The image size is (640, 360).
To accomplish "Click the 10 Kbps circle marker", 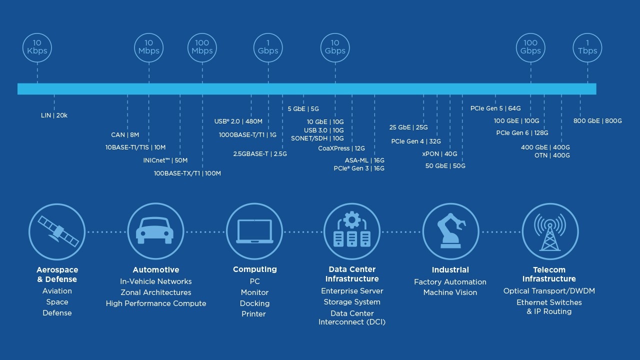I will click(x=37, y=47).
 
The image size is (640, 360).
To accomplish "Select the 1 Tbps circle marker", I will click(x=587, y=47).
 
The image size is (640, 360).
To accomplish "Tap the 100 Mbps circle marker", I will click(x=202, y=47).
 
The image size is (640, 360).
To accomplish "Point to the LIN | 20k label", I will click(x=54, y=115).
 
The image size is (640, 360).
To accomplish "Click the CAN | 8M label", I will click(x=125, y=135).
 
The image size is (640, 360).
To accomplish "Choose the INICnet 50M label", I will click(x=165, y=160).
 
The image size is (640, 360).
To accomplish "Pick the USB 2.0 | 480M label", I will click(x=238, y=121).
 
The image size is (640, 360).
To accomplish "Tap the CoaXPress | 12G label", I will click(x=341, y=148).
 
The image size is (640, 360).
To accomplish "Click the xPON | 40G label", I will click(x=439, y=154).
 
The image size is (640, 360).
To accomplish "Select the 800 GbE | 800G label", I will click(x=597, y=121).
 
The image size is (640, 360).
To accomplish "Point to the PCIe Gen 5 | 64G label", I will click(x=495, y=108).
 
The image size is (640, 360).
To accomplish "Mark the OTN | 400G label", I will click(x=552, y=155).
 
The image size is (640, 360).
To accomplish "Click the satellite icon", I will click(x=57, y=231).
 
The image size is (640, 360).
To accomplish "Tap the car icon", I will click(x=155, y=231).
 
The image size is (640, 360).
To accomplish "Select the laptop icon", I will click(x=254, y=231).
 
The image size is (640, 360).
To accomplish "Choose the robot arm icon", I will click(x=450, y=231).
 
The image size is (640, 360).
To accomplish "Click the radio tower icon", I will click(x=549, y=231).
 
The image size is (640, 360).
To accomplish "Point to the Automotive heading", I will click(x=155, y=270).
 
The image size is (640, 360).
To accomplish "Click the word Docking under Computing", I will click(x=254, y=303).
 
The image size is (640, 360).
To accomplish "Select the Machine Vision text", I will click(x=450, y=292).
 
